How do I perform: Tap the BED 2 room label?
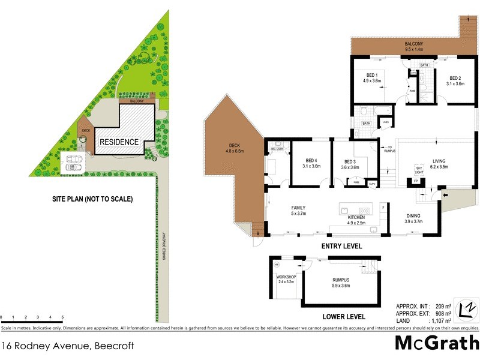coord(455,77)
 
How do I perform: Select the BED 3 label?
coord(350,161)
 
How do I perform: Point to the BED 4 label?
coord(310,160)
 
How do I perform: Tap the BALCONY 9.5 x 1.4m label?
coord(413,44)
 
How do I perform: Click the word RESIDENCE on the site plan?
coord(119,142)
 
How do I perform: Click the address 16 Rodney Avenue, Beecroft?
coord(67,346)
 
